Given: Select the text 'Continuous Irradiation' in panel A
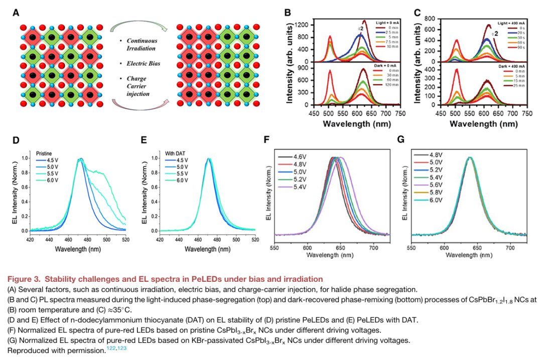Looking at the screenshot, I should (x=142, y=45).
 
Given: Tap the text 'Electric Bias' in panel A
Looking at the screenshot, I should (x=142, y=64).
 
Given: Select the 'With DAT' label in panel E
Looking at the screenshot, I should (x=176, y=152).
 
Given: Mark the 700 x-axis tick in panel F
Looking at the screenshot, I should (x=373, y=248).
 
